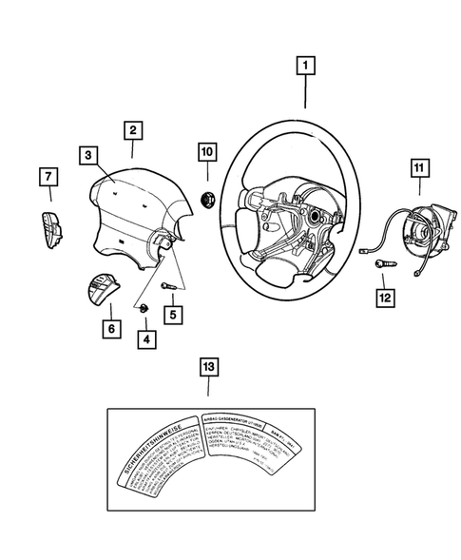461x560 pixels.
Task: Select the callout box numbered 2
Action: [132, 130]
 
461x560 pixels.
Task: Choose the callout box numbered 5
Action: [173, 313]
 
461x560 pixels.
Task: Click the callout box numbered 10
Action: [206, 151]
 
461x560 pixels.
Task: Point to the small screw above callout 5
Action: [167, 283]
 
